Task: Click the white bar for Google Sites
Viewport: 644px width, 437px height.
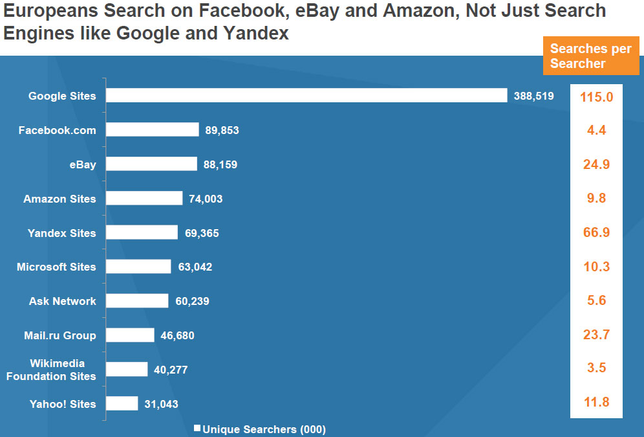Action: tap(306, 96)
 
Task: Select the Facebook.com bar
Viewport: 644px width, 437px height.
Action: tap(153, 130)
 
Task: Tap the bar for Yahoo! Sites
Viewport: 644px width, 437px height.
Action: tap(122, 404)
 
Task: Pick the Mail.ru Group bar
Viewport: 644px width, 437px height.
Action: tap(130, 335)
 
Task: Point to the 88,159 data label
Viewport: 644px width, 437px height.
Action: tap(220, 164)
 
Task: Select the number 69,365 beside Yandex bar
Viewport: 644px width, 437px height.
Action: tap(202, 233)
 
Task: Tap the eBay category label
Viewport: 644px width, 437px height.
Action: tap(83, 164)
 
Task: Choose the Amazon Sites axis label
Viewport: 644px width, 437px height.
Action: tap(59, 199)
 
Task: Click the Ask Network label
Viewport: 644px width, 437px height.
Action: tap(62, 301)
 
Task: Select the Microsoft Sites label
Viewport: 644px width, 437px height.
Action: tap(56, 267)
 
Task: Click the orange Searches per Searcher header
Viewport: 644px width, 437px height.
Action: tap(590, 56)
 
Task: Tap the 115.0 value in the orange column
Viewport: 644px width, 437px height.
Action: tap(596, 96)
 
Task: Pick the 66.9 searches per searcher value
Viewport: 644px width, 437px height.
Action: tap(596, 232)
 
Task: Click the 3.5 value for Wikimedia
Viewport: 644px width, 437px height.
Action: tap(596, 368)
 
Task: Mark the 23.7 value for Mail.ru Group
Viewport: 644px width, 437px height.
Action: tap(596, 335)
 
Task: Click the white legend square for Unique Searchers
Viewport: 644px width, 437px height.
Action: tap(198, 429)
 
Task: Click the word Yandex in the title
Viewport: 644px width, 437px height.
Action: tap(256, 33)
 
